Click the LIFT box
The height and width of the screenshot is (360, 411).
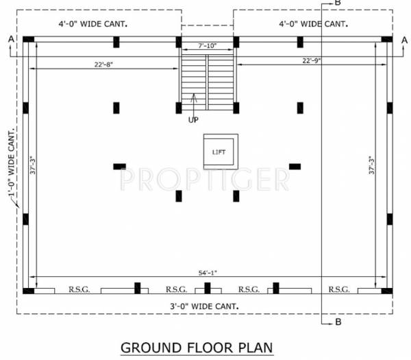pyautogui.click(x=220, y=152)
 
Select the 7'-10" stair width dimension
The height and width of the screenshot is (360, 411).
pyautogui.click(x=208, y=45)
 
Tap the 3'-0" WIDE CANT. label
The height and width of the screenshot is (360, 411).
pyautogui.click(x=204, y=305)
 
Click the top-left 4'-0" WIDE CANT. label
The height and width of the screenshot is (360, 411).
pyautogui.click(x=93, y=25)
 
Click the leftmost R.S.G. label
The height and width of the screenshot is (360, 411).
pyautogui.click(x=77, y=289)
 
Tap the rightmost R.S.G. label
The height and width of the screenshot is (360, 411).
pyautogui.click(x=339, y=289)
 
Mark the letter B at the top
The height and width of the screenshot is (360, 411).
pyautogui.click(x=336, y=4)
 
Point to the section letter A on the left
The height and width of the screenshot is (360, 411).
pyautogui.click(x=11, y=38)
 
